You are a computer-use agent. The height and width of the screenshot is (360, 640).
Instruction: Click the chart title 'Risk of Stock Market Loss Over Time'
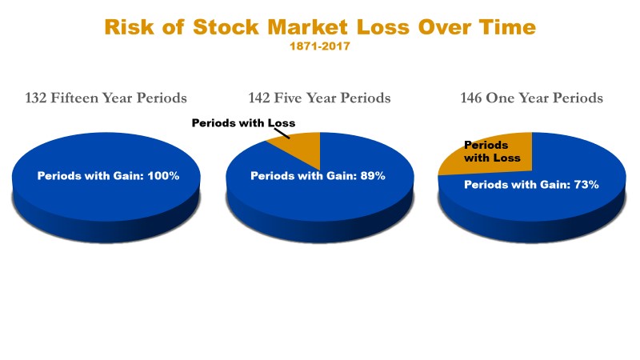(320, 27)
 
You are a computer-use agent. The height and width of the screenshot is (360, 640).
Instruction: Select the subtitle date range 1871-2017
(320, 46)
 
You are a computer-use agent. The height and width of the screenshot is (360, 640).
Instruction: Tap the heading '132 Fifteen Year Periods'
(106, 98)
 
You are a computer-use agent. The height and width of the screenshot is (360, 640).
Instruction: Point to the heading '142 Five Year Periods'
(319, 98)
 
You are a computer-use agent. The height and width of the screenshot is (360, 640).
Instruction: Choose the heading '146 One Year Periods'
(531, 98)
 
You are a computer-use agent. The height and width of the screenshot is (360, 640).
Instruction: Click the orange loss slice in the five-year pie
(302, 147)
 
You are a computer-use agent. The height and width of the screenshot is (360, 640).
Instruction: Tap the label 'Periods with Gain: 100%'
(108, 176)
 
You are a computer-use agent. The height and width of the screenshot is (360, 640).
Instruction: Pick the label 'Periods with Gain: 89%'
(318, 176)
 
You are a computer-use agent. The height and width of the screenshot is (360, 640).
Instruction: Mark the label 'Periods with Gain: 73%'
(531, 185)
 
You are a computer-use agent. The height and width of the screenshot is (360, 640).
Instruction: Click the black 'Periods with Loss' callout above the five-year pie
(243, 123)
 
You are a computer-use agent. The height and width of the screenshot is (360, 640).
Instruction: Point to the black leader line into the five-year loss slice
(282, 134)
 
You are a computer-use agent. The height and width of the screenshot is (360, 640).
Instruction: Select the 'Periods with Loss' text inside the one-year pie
(492, 151)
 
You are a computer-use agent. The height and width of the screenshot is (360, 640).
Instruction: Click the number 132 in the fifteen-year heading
(36, 98)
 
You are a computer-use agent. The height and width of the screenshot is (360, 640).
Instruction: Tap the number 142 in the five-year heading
(258, 98)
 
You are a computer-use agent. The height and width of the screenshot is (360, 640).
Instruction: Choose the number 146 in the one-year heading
(471, 98)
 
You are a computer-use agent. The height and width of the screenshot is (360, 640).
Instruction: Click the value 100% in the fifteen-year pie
(163, 176)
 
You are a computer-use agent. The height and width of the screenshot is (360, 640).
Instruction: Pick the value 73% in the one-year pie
(586, 185)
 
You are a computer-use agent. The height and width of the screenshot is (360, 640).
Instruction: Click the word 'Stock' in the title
(226, 27)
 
